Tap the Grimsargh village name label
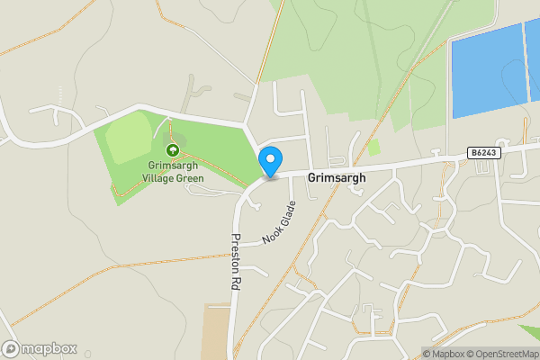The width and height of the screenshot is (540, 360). (x=337, y=178)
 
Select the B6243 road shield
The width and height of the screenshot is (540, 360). (x=484, y=154)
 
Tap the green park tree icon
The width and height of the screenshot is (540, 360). (x=172, y=148)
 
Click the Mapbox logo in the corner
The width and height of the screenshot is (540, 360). (x=40, y=348)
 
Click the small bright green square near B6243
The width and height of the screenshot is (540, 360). (x=373, y=147)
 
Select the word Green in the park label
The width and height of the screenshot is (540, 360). (x=190, y=178)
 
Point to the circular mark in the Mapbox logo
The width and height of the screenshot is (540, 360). (x=11, y=348)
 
